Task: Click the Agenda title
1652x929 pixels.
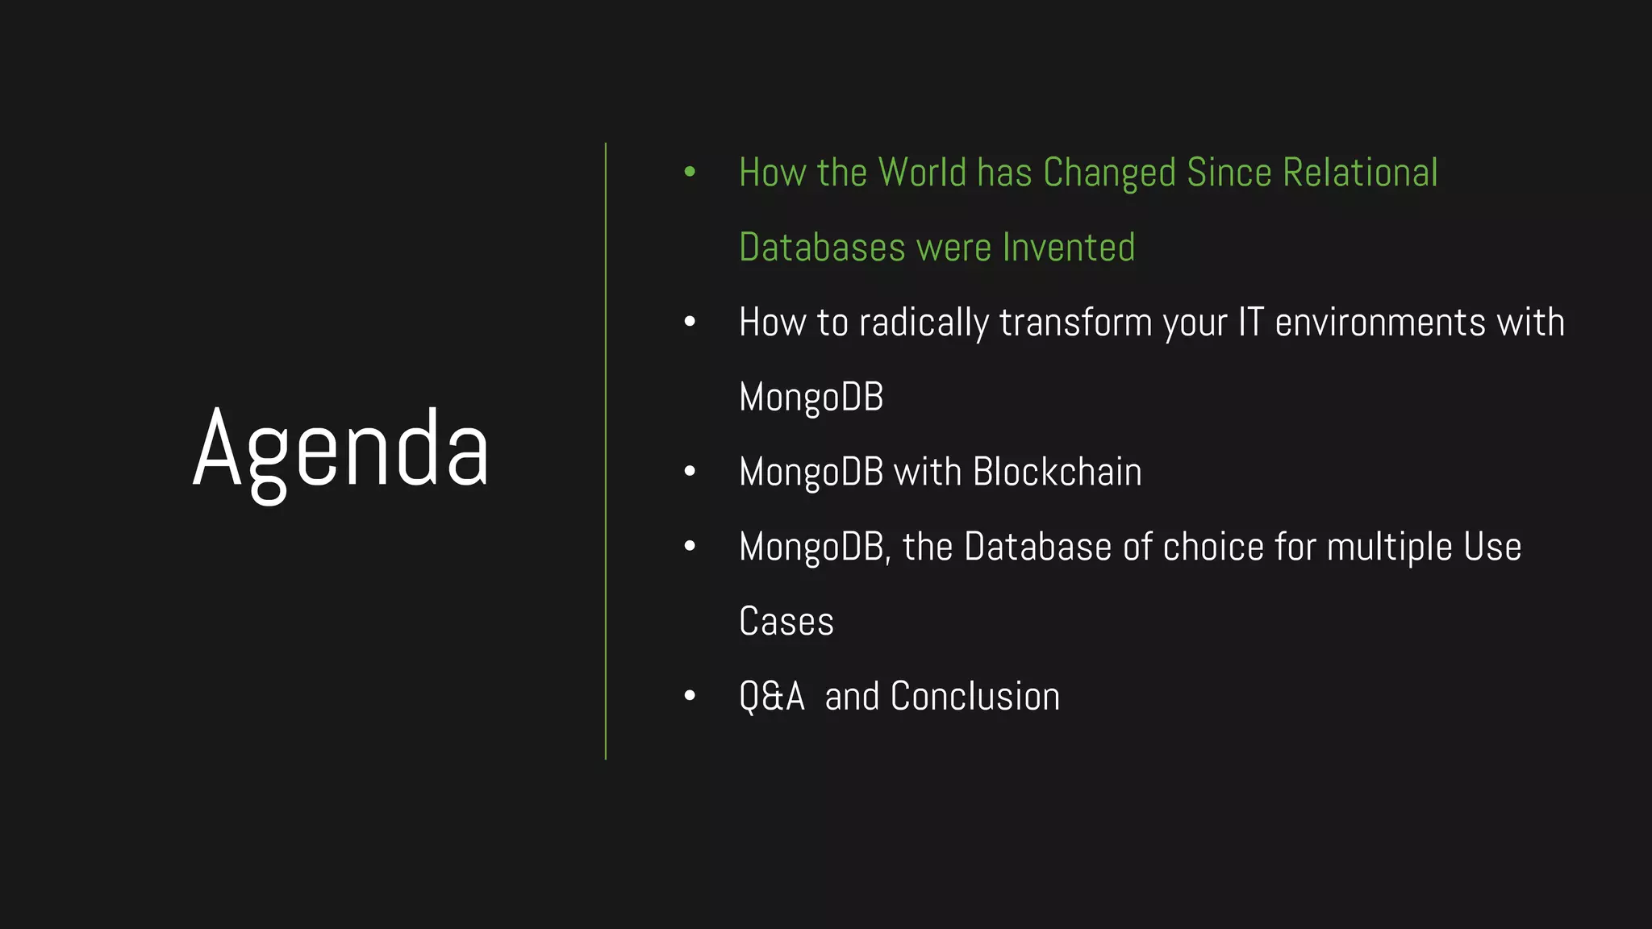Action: point(340,452)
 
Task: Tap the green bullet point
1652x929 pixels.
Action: point(690,172)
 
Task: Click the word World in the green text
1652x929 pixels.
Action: point(922,173)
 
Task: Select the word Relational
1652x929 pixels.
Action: point(1360,173)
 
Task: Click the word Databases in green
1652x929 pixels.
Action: point(822,248)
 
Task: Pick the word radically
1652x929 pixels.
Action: point(924,323)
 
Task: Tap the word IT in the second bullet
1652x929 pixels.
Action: point(1250,322)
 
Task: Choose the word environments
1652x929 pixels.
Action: point(1380,323)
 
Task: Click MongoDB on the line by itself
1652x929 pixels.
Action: point(811,398)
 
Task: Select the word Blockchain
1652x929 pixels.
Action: point(1057,472)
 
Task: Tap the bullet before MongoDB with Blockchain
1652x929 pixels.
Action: point(690,472)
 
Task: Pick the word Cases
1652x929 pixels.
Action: point(786,622)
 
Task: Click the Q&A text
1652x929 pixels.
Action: point(772,697)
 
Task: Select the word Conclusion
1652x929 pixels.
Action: point(974,697)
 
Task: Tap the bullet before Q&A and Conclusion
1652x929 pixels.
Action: point(690,696)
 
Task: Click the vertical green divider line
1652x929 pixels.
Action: point(606,452)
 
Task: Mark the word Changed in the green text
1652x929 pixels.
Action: point(1109,173)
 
